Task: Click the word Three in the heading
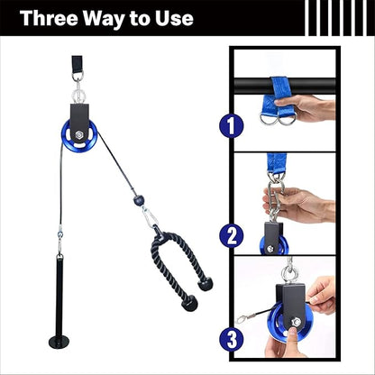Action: (x=49, y=18)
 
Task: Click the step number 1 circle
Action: (x=231, y=126)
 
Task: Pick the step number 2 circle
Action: (x=231, y=235)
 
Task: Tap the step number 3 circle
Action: (x=231, y=339)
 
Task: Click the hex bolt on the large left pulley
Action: (x=79, y=134)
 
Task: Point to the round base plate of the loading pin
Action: (x=59, y=342)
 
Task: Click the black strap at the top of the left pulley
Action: (x=78, y=64)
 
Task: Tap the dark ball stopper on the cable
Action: (x=137, y=199)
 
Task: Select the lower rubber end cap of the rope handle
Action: (x=189, y=303)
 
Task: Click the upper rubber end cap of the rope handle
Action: (x=206, y=284)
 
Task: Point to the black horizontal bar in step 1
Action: (x=284, y=86)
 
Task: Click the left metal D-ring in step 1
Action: (x=268, y=120)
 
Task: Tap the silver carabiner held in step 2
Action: (x=276, y=199)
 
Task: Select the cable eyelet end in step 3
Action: (x=242, y=318)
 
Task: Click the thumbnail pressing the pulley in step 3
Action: (x=292, y=333)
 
